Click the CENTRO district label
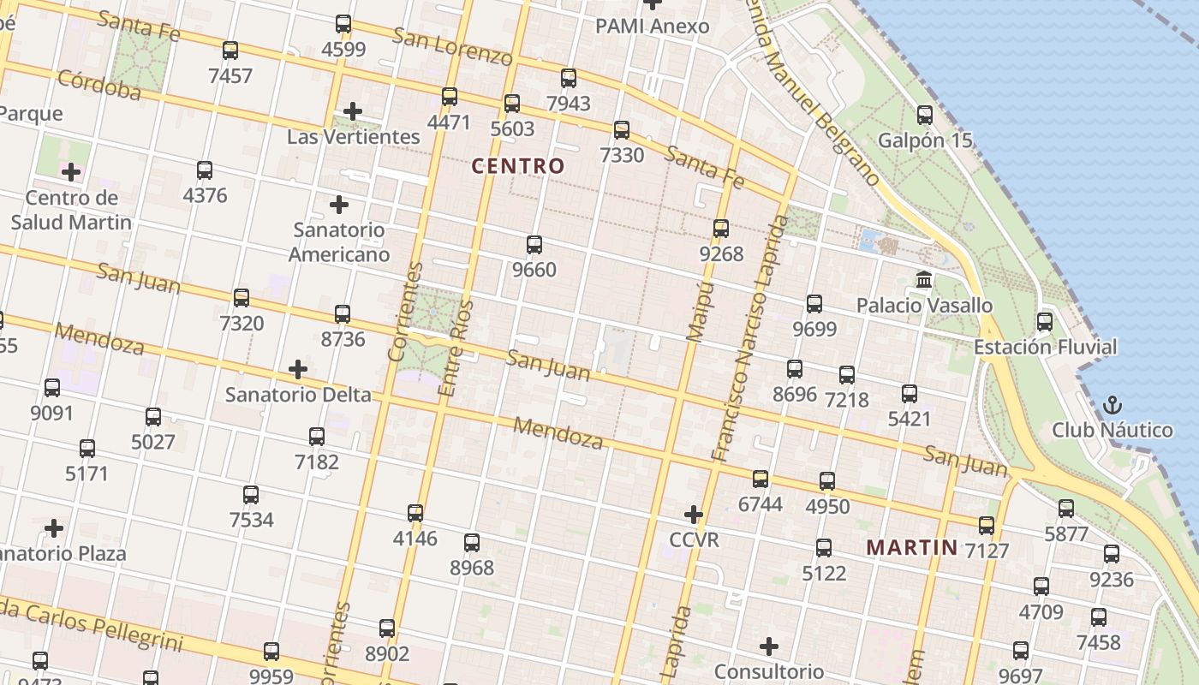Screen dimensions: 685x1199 pos(518,166)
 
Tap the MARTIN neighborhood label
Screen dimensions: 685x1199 pos(911,547)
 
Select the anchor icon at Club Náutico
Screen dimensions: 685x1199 pos(1113,404)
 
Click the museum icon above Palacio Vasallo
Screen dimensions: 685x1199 pos(924,280)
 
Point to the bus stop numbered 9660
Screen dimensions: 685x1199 pos(534,245)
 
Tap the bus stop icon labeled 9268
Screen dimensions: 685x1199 pos(721,229)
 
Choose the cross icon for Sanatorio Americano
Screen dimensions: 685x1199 pos(339,205)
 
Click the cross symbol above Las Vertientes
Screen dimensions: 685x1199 pos(353,111)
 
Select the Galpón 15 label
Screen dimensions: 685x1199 pos(925,140)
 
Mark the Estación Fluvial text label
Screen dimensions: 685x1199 pos(1045,347)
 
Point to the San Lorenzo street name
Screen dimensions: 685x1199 pos(452,46)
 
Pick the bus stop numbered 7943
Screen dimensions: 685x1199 pos(569,79)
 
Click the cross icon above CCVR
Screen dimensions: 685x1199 pos(694,515)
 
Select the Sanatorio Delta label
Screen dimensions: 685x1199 pos(298,395)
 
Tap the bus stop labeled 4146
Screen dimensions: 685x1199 pos(415,514)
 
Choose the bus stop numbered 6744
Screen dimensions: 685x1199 pos(761,479)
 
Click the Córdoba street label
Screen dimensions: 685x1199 pos(98,84)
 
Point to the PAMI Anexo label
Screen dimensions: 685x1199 pos(653,27)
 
